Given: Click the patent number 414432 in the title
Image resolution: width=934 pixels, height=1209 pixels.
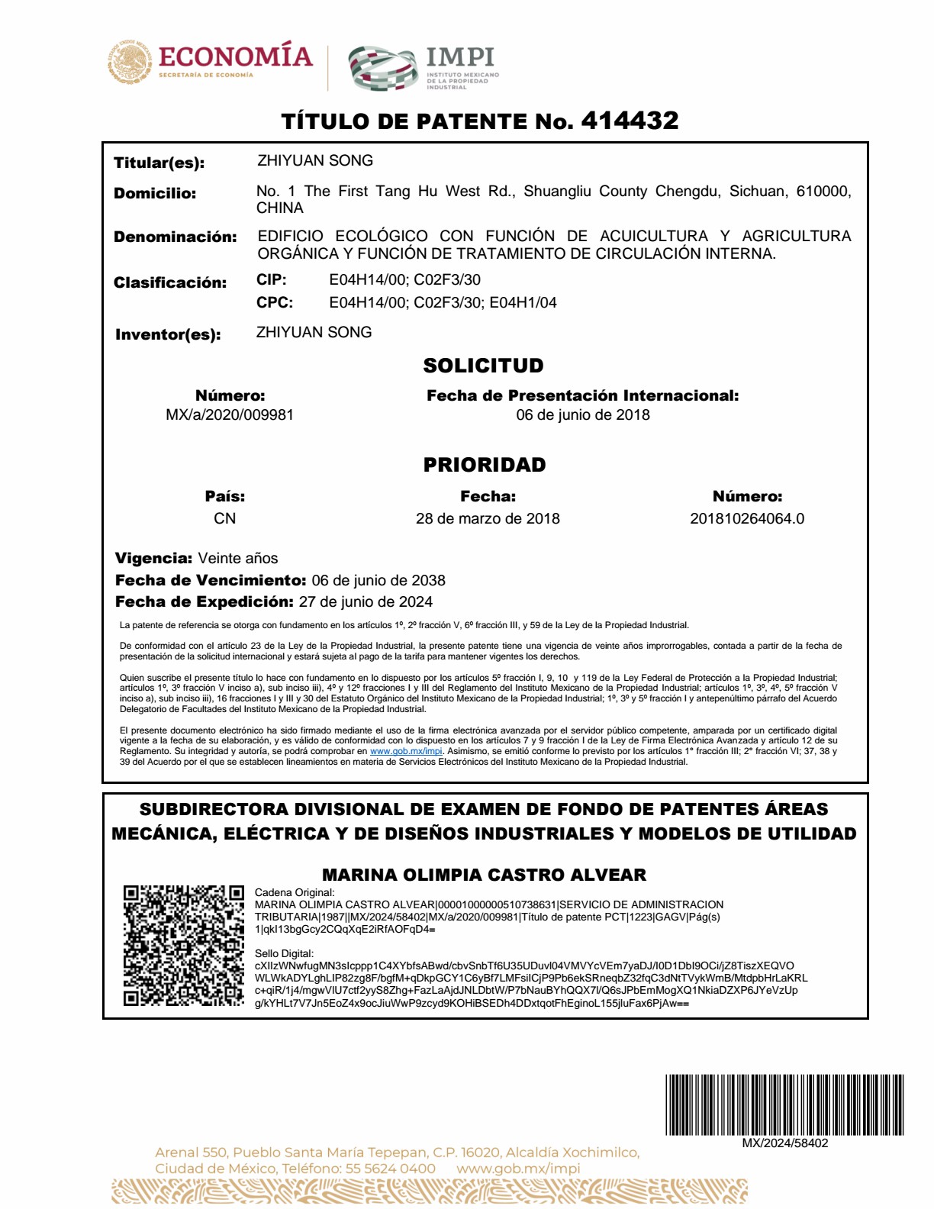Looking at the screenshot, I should [x=630, y=121].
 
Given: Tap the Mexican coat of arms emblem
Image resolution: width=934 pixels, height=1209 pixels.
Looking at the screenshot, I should [x=130, y=62].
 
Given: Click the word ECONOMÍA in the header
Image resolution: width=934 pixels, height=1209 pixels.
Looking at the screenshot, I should [x=236, y=56].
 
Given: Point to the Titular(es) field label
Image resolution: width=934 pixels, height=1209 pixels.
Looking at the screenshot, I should [x=159, y=163].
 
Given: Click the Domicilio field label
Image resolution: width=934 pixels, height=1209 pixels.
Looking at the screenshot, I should [x=155, y=193].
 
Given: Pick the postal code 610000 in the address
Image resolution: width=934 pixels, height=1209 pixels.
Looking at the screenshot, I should [x=823, y=191].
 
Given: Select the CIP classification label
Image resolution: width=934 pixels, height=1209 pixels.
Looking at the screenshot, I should [x=272, y=279].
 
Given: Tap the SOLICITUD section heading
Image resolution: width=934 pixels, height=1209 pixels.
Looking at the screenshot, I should [x=484, y=366].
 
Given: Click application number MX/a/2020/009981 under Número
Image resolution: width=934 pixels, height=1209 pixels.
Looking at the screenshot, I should [x=230, y=414].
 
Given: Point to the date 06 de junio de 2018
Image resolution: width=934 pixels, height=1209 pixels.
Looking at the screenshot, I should [x=583, y=414].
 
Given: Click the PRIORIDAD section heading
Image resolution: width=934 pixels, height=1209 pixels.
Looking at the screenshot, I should [x=485, y=465].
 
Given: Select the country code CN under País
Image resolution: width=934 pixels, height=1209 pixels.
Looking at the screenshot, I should [x=224, y=518].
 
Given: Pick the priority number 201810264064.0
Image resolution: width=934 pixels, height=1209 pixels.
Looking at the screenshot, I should [x=747, y=518].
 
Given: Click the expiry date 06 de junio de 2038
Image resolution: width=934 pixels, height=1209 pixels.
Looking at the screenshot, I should [x=378, y=580].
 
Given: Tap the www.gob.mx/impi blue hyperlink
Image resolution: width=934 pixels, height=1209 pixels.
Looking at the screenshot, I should [x=406, y=751].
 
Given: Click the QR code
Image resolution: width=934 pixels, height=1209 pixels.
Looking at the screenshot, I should [x=183, y=946].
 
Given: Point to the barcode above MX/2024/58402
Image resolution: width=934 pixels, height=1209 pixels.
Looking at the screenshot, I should [x=784, y=1104].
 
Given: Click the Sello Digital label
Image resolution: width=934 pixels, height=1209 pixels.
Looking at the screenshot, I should [x=284, y=953].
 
